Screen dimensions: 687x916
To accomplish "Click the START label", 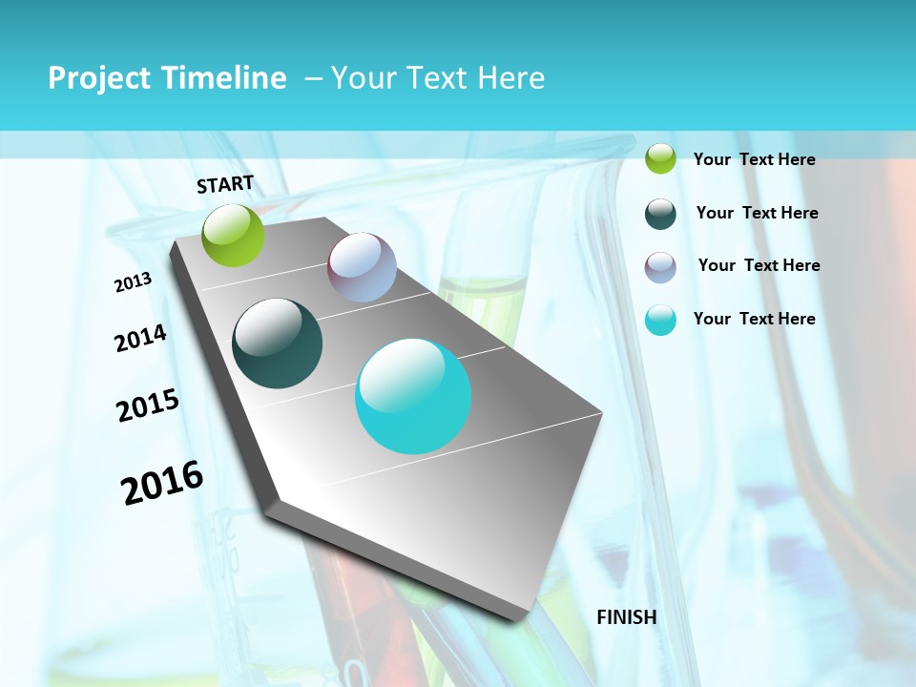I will (225, 184).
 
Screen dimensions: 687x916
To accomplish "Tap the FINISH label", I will (626, 617).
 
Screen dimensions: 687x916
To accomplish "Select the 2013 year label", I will (134, 281).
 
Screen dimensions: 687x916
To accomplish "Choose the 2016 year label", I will (162, 482).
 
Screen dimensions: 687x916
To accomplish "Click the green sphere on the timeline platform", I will (234, 236).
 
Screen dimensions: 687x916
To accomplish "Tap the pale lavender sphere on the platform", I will (362, 267).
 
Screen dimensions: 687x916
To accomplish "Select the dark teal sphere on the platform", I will (278, 343).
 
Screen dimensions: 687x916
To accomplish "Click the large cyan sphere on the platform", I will (413, 396).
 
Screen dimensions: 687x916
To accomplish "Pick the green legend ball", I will (660, 158).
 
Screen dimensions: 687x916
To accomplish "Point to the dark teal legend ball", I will (660, 214).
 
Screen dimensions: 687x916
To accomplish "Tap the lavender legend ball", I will (660, 267).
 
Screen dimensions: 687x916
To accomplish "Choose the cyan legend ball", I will (660, 320).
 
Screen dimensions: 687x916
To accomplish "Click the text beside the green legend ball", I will (754, 159).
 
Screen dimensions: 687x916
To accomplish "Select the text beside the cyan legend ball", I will (754, 319).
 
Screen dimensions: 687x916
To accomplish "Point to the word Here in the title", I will (510, 78).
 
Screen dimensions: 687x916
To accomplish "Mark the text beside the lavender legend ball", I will (759, 265).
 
